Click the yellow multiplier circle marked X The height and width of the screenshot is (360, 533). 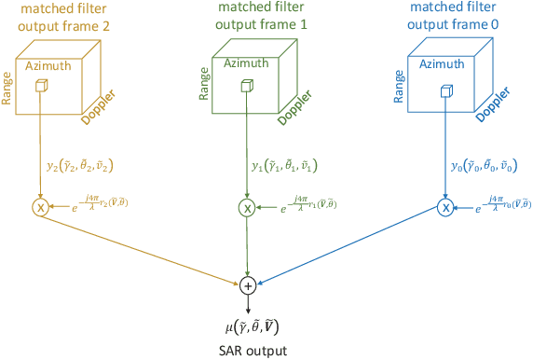tap(41, 207)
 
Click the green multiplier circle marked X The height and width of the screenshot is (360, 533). tap(246, 207)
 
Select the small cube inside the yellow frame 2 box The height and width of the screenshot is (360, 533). tap(41, 86)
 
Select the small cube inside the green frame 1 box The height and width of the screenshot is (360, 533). tap(246, 86)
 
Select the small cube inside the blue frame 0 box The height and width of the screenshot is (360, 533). tap(445, 91)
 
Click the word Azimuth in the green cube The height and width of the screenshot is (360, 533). tap(246, 62)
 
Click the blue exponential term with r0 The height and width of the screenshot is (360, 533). tap(499, 207)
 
